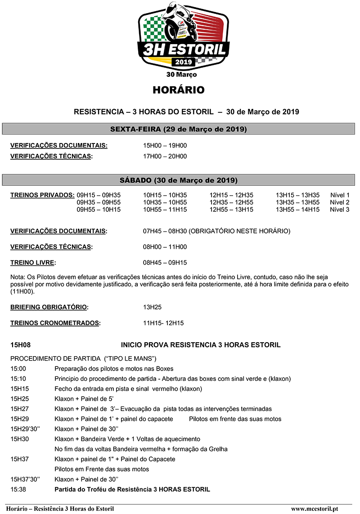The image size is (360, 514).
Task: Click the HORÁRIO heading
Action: pos(178,90)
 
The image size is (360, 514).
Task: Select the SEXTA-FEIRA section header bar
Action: pos(178,130)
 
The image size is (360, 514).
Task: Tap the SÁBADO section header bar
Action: pos(178,180)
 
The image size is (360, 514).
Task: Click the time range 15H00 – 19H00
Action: pos(165,146)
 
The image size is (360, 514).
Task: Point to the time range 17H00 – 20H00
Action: pos(165,156)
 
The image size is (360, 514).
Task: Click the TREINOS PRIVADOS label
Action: pos(42,195)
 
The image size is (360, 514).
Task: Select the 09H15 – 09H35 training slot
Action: pos(99,195)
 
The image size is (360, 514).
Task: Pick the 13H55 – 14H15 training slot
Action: pos(297,210)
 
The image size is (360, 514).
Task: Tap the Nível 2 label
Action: pos(339,202)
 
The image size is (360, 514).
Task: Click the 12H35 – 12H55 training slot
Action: pos(231,202)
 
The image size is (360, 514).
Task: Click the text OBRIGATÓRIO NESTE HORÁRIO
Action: pos(239,231)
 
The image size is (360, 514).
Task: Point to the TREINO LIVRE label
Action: pos(33,263)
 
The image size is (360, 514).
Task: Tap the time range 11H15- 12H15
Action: pos(163,323)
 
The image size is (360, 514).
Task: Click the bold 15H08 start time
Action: pos(20,345)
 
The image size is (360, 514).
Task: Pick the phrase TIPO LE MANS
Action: pos(130,358)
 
